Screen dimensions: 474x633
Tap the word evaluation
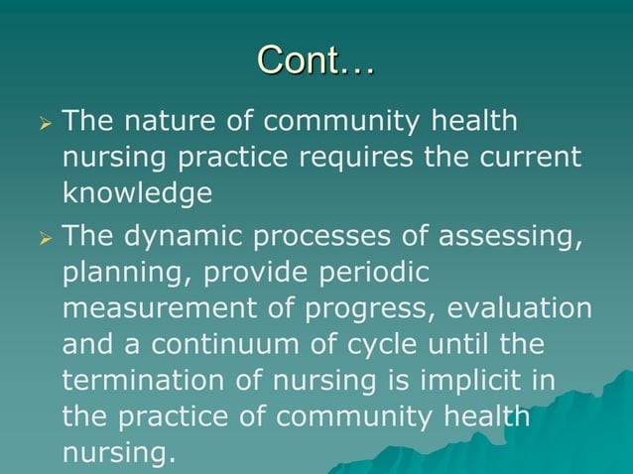tap(522, 308)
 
